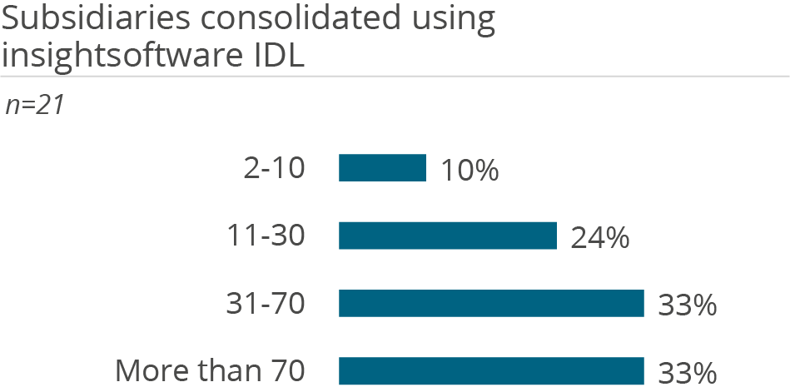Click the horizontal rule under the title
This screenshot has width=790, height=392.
[395, 77]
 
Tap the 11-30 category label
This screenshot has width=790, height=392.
[266, 236]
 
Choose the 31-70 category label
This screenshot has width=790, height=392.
[266, 304]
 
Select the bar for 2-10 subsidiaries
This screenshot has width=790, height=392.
[382, 168]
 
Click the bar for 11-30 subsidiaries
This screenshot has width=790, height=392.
[447, 236]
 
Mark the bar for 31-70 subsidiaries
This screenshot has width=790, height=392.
[491, 303]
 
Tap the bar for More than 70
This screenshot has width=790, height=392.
[491, 370]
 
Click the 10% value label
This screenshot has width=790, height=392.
[470, 171]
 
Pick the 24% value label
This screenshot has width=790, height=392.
[599, 238]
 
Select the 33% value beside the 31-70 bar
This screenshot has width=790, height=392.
[687, 305]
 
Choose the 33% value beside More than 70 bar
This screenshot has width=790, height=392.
[687, 372]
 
